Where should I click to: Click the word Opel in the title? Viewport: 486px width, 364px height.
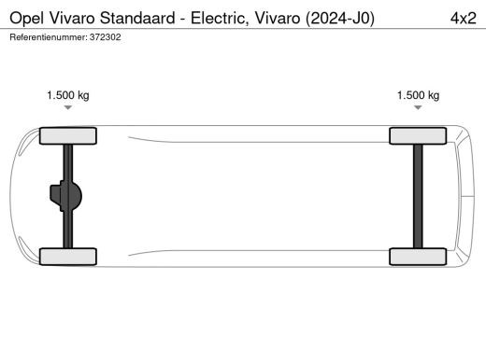tap(27, 17)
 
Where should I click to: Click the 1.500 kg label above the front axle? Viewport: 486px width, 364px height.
tap(68, 95)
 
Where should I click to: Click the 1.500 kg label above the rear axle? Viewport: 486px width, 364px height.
tap(418, 95)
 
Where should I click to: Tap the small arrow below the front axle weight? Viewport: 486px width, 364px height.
tap(68, 108)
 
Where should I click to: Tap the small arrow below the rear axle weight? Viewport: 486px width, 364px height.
tap(418, 108)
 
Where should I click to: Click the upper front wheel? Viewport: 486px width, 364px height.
tap(68, 136)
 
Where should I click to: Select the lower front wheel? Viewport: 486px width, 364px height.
tap(68, 256)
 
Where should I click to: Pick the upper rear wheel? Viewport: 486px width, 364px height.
tap(418, 136)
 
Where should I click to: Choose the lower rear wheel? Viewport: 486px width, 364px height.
tap(418, 256)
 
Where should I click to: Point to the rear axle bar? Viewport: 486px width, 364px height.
tap(418, 196)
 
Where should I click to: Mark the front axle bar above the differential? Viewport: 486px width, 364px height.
tap(68, 163)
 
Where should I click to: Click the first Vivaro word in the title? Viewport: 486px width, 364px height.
tap(79, 17)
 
